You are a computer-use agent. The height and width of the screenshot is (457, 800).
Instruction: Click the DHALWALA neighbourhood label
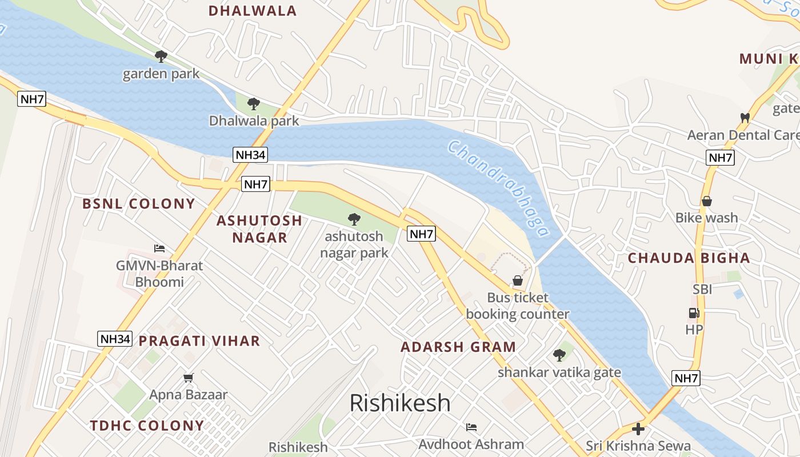[x=252, y=11]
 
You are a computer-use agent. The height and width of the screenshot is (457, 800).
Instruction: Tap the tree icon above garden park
[x=161, y=56]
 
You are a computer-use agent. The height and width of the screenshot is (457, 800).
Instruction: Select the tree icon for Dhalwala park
[x=254, y=104]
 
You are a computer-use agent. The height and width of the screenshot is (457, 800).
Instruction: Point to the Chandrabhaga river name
[x=498, y=188]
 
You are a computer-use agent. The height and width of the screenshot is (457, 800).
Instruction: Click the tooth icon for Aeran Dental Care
[x=745, y=118]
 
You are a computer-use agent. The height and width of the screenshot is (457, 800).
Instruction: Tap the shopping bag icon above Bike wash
[x=707, y=201]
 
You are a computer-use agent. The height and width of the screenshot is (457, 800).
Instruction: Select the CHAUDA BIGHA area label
[x=689, y=258]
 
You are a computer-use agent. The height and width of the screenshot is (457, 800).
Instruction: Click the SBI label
[x=702, y=290]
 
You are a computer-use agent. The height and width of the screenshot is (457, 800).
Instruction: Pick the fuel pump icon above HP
[x=694, y=313]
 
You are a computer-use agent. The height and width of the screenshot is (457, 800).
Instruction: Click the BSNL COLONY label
[x=139, y=204]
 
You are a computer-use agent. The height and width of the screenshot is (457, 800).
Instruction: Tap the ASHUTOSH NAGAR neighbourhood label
[x=259, y=228]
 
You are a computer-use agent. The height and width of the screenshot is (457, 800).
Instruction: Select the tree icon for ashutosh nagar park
[x=354, y=219]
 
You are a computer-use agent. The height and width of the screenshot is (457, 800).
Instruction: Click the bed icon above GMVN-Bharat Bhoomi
[x=159, y=248]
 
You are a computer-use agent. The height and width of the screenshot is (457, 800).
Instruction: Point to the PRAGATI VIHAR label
[x=199, y=342]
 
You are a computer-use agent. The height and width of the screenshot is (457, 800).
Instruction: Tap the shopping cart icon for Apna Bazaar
[x=189, y=378]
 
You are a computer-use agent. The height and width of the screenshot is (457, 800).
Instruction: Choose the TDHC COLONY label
[x=147, y=426]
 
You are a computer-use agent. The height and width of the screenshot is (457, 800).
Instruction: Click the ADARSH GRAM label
[x=458, y=347]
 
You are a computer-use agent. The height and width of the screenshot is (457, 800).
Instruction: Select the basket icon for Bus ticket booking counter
[x=518, y=280]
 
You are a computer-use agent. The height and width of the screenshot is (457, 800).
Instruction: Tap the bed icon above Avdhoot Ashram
[x=471, y=427]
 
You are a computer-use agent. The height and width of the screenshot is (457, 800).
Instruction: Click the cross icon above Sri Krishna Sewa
[x=638, y=429]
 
